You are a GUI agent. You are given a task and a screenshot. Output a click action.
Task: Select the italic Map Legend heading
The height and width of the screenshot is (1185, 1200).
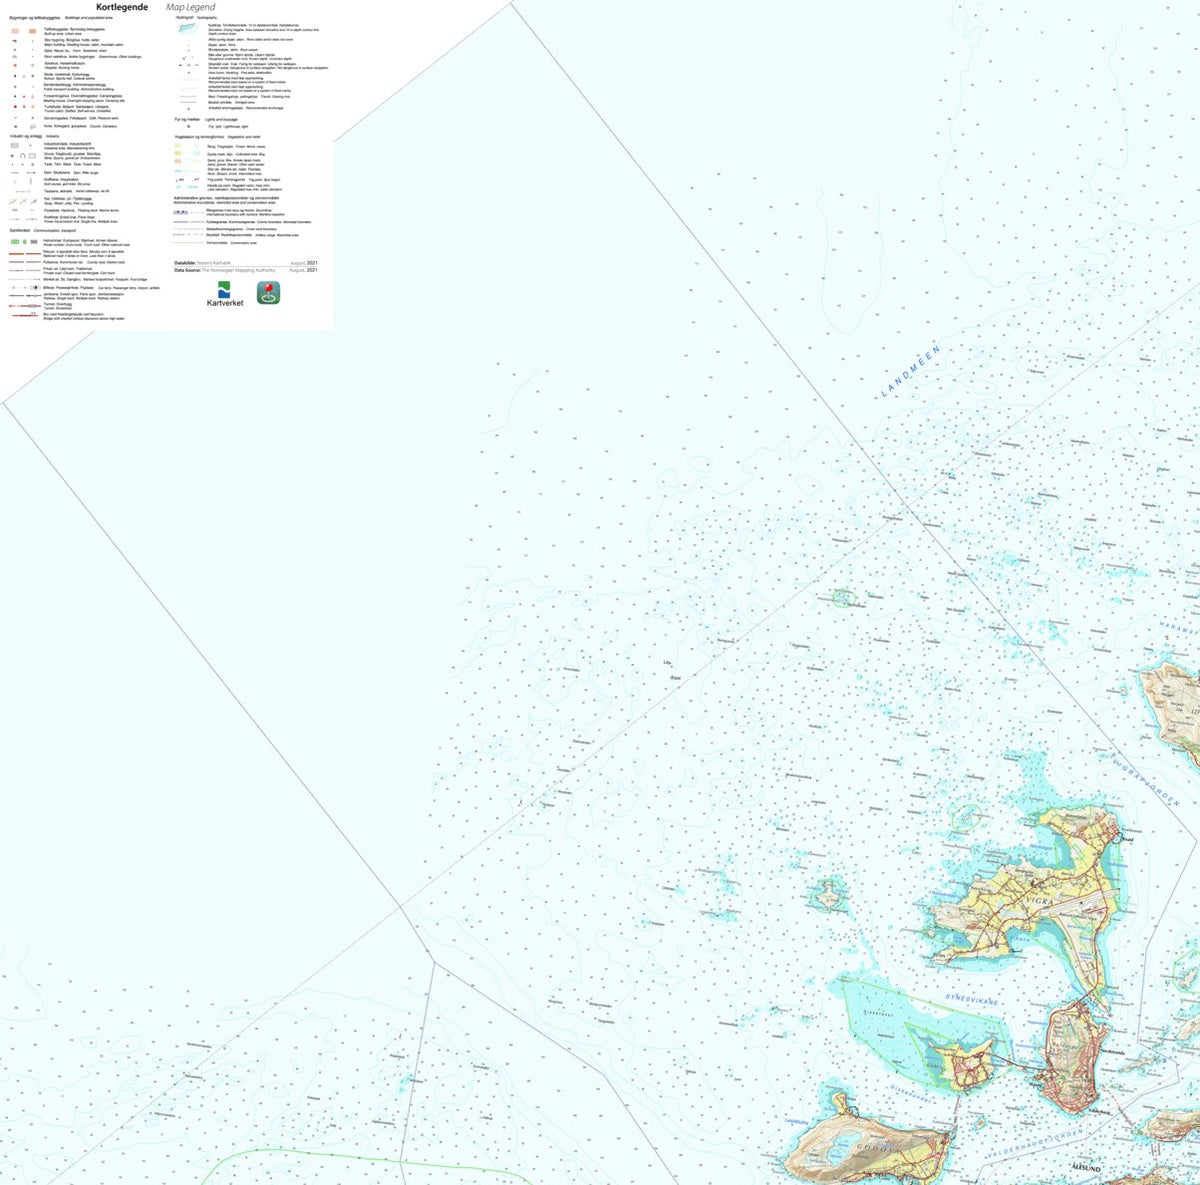(x=191, y=7)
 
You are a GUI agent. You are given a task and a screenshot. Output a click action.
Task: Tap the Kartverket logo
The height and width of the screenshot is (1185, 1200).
(x=224, y=294)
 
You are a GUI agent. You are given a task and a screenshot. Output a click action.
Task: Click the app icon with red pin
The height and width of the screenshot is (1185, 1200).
(x=268, y=292)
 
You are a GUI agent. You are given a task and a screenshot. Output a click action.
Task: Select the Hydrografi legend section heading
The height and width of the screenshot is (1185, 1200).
(x=183, y=17)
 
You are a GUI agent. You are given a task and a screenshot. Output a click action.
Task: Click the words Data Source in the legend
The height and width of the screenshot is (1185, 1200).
(x=187, y=270)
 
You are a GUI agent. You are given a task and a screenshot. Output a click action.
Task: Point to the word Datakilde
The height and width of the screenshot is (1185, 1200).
(x=188, y=263)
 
